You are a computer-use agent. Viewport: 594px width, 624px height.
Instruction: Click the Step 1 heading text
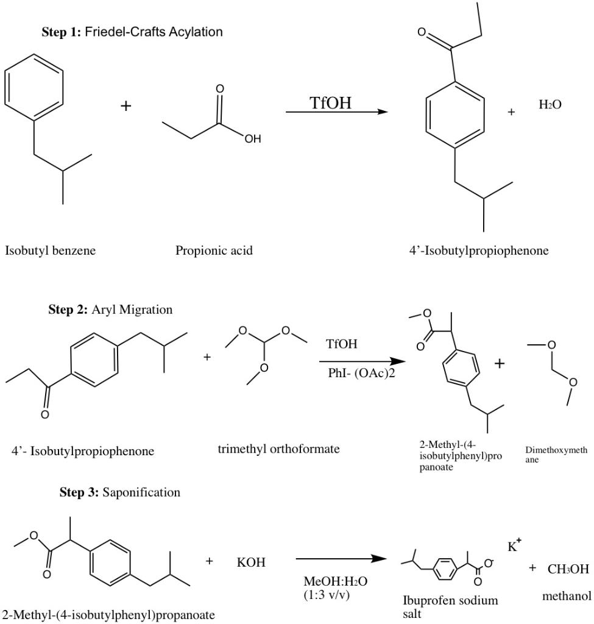[132, 32]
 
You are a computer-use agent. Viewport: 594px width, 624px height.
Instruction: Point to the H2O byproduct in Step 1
[550, 105]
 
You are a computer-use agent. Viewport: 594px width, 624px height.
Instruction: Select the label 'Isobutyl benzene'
[51, 250]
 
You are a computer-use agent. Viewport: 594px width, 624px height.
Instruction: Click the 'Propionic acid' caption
[214, 250]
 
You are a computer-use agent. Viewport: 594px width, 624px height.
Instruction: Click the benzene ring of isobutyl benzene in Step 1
[34, 87]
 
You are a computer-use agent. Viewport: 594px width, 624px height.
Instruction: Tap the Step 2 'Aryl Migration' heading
[110, 310]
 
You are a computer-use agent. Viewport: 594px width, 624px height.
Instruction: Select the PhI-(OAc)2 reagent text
[361, 372]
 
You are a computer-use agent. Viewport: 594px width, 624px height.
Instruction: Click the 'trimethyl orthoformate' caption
[278, 449]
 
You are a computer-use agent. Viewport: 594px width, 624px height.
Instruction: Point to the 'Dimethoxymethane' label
[556, 455]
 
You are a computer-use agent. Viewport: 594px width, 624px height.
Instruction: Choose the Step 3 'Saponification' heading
[119, 492]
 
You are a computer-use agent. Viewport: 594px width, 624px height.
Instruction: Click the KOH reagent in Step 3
[251, 562]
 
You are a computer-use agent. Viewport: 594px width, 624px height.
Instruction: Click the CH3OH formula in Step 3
[568, 569]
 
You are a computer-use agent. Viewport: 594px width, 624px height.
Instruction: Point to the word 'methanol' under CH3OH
[566, 596]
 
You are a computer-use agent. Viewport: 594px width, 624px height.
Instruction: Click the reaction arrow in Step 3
[341, 559]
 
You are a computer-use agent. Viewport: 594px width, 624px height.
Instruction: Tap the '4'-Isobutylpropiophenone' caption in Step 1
[478, 250]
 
